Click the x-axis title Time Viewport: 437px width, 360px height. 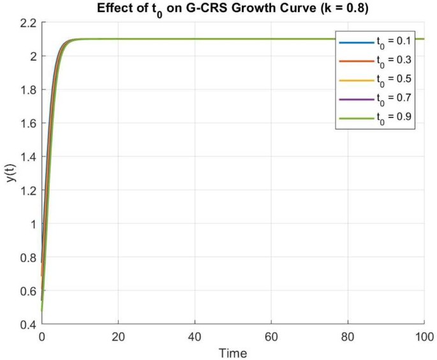233,352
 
